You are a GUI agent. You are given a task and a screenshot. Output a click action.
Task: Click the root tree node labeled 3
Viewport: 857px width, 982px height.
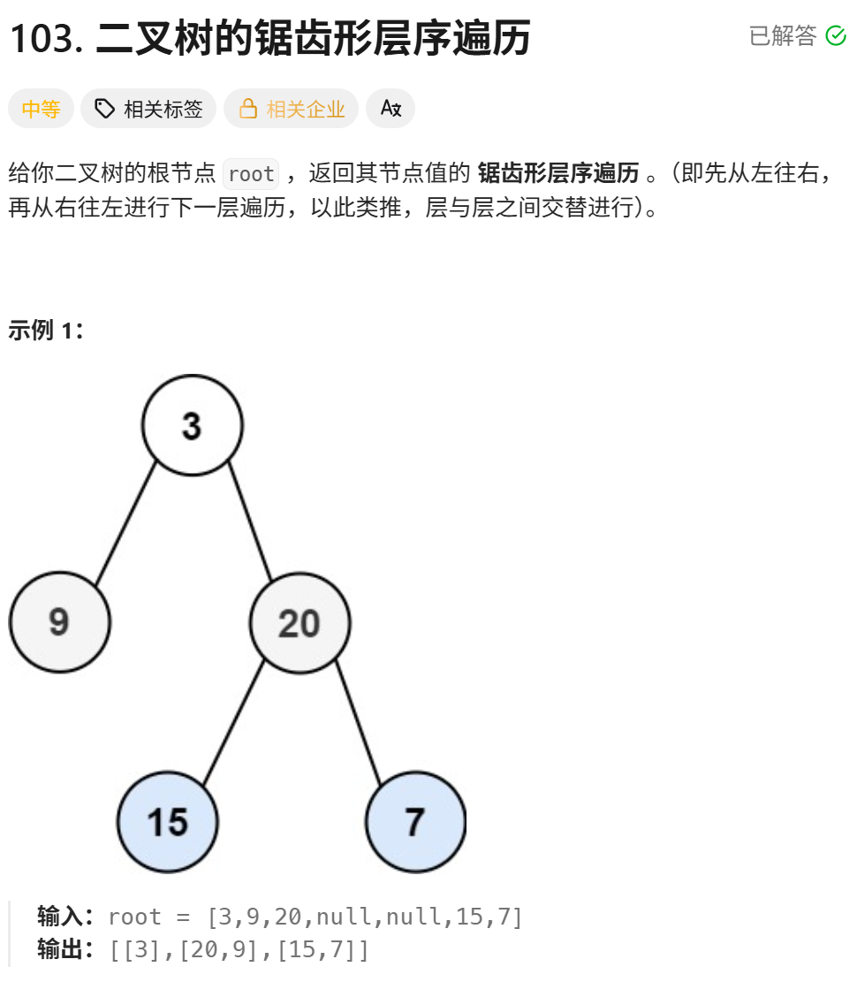(192, 425)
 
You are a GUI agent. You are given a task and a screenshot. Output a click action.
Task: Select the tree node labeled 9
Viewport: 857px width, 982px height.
(59, 621)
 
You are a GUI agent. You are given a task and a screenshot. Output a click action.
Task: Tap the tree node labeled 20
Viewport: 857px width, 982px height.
(300, 623)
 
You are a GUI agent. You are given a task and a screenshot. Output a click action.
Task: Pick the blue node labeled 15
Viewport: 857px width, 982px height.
(168, 822)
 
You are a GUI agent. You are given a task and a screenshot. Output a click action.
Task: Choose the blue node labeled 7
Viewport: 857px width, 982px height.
(415, 822)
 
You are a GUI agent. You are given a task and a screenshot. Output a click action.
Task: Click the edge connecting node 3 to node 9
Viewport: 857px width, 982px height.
(125, 522)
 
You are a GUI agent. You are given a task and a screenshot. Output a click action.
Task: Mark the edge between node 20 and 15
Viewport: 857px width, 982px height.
(233, 722)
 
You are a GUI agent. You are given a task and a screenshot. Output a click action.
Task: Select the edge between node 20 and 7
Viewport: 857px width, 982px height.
(358, 721)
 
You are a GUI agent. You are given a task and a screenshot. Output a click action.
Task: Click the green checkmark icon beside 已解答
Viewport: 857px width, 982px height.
(835, 35)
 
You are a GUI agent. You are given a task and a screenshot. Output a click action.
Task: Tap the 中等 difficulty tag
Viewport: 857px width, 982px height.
(41, 109)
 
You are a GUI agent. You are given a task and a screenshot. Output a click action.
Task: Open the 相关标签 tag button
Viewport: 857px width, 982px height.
(148, 109)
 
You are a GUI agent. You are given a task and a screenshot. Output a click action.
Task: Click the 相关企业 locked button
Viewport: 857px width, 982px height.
(292, 109)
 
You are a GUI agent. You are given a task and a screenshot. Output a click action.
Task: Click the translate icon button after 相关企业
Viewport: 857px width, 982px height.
(391, 109)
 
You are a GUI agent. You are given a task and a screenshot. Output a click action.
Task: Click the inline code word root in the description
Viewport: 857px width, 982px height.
(251, 174)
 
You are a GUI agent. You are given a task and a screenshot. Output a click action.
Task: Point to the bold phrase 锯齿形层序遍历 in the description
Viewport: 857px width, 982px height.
(557, 173)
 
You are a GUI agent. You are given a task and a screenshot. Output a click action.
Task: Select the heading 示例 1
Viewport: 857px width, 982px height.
(46, 331)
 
